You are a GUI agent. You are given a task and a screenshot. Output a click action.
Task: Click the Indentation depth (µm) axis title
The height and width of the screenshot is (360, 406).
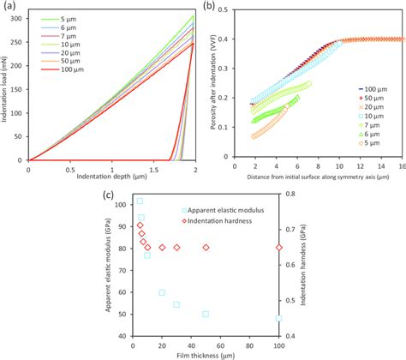click(111, 177)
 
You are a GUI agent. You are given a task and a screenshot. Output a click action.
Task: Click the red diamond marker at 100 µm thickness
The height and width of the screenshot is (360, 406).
click(278, 248)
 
